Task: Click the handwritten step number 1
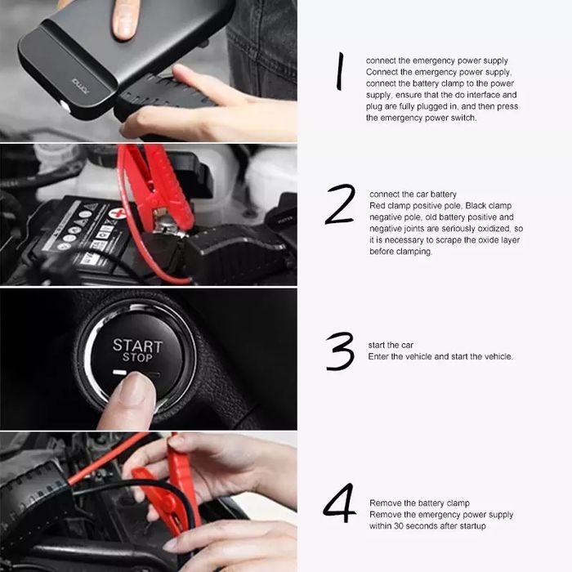point(340,71)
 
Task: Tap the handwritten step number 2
point(340,204)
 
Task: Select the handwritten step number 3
point(340,351)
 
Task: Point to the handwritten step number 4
point(340,503)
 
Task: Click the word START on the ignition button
point(137,346)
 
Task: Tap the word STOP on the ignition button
point(137,358)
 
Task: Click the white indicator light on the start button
point(119,373)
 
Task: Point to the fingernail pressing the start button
point(134,389)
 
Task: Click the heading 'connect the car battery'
point(413,194)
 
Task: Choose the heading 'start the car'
point(391,345)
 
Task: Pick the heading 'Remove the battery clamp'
point(419,503)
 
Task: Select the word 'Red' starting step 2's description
point(378,206)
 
